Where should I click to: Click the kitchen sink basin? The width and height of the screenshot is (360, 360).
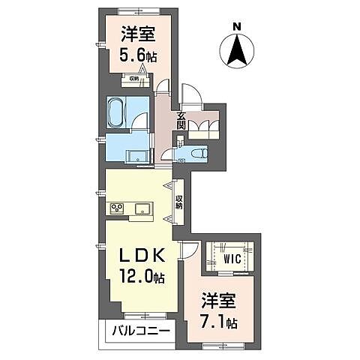(x=142, y=207)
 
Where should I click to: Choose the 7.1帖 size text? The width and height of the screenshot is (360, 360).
(x=222, y=324)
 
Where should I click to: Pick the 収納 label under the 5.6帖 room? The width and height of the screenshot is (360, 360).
(x=133, y=78)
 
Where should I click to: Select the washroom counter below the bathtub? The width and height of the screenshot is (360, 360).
(x=139, y=156)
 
